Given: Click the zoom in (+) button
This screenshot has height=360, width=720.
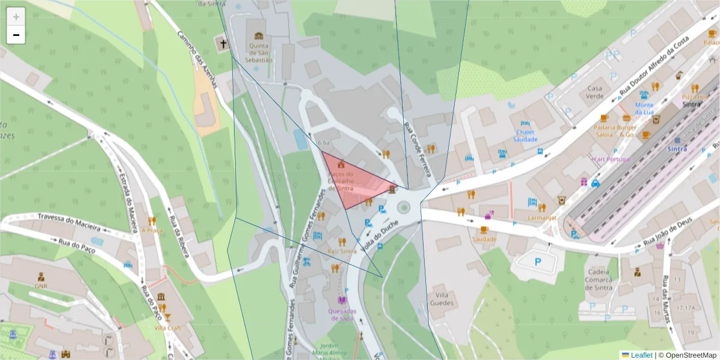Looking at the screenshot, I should (x=16, y=17).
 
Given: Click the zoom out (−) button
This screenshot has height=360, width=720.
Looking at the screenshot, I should (x=16, y=35).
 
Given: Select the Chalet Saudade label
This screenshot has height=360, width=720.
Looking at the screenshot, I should (x=525, y=135).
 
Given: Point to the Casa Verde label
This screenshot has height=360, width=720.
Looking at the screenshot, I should (x=595, y=92).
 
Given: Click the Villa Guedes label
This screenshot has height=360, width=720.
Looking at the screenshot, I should (x=443, y=299).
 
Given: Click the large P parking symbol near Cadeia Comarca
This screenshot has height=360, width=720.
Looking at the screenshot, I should (x=538, y=262).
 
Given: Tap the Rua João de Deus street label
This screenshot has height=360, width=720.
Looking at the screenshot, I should (x=667, y=232).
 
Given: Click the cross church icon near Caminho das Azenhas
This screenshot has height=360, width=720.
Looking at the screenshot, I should (x=223, y=44).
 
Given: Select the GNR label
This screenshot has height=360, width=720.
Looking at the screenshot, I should (x=41, y=287).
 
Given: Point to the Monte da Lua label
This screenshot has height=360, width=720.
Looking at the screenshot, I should (x=644, y=109).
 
